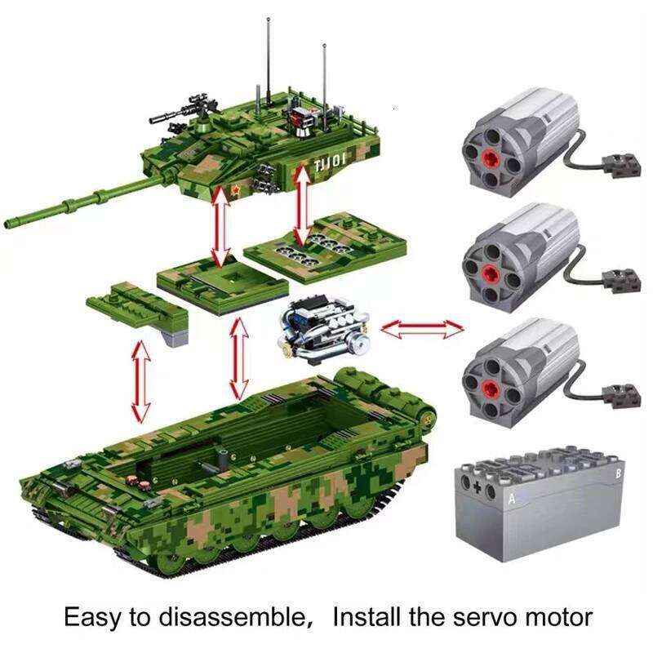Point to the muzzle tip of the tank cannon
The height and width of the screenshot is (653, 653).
coord(10,222)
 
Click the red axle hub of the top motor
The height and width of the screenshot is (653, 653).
coord(489,155)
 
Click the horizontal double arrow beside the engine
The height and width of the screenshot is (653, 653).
coord(422,329)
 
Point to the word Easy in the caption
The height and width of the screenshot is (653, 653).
coord(95,616)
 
